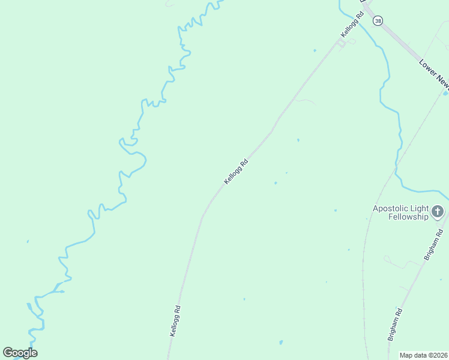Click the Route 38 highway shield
pos(377,20)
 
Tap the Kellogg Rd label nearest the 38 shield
pos(352,25)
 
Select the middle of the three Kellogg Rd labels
pos(236,172)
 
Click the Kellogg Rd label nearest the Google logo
pos(175,321)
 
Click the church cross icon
pos(438,212)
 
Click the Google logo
pos(20,353)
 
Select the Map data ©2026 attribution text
pos(424,355)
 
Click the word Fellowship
pos(408,217)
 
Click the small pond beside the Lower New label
pos(445,93)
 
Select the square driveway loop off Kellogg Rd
pos(342,44)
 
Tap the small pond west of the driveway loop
pos(315,50)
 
